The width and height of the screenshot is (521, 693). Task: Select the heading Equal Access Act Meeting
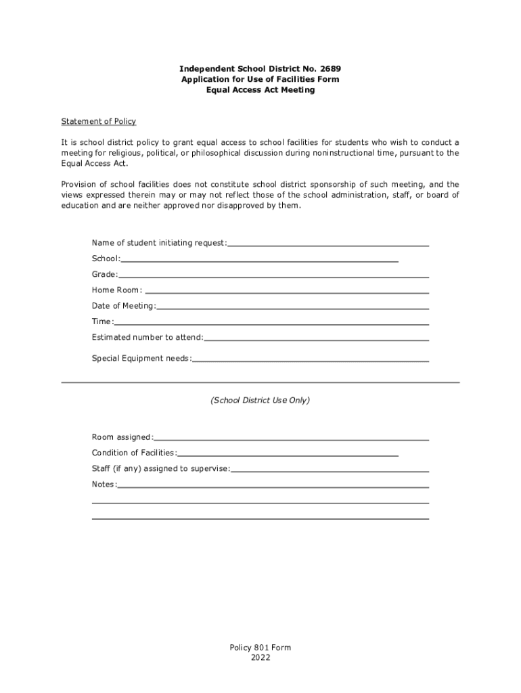(260, 90)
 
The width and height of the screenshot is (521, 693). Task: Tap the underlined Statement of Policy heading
(99, 122)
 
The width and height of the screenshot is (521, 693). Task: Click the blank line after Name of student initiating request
(328, 244)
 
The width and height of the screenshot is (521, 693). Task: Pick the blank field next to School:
(260, 259)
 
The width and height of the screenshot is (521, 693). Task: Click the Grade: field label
(105, 275)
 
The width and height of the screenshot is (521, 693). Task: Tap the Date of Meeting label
(124, 307)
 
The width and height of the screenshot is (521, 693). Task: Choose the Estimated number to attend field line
(316, 338)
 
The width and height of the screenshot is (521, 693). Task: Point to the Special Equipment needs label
(142, 359)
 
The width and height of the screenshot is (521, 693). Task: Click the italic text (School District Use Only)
(260, 401)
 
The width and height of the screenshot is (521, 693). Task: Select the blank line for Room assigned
(292, 439)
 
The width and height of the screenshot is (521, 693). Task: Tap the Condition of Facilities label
(135, 453)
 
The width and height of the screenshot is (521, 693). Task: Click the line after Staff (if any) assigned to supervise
(330, 470)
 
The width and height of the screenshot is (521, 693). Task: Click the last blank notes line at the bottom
(260, 518)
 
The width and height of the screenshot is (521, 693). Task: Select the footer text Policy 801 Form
(260, 648)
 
